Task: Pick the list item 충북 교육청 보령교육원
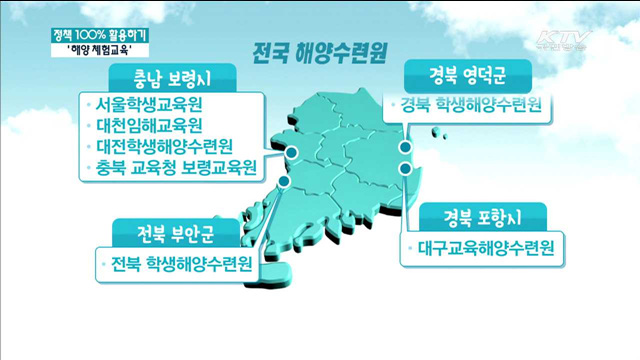point(171,166)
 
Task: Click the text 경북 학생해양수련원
point(469,105)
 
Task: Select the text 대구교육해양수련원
point(480,245)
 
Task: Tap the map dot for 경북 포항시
point(406,171)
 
